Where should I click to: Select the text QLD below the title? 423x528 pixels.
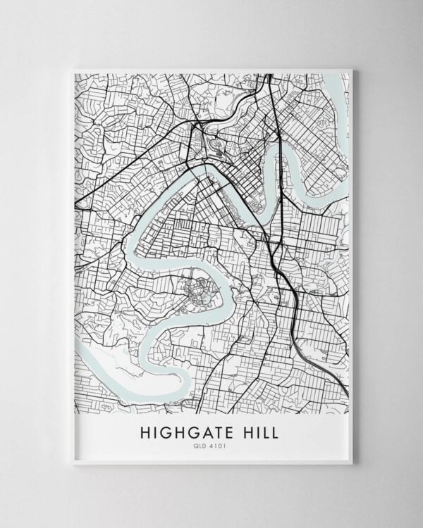coord(203,446)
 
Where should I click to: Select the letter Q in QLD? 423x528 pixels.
coord(200,446)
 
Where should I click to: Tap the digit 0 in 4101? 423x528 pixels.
coord(220,446)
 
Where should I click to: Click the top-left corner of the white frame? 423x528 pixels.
coord(73,69)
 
